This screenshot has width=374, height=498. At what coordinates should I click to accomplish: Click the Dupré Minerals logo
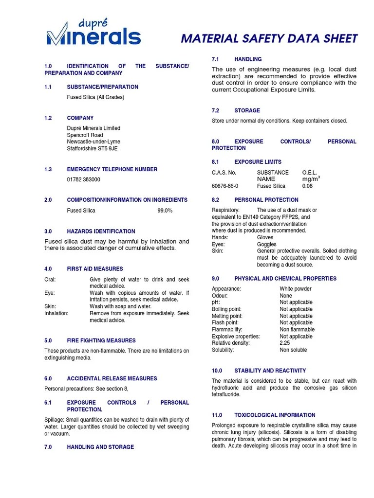93,33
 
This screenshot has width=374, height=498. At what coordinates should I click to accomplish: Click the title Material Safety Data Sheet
269,39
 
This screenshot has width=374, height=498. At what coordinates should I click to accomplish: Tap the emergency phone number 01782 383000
84,179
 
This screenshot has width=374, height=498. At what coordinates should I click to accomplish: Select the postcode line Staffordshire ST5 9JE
92,149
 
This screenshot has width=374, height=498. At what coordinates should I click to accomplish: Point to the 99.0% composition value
165,211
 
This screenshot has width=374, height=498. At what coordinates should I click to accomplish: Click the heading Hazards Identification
101,231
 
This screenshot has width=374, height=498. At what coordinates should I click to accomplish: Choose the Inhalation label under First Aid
56,314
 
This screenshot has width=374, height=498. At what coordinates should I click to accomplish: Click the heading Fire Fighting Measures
101,340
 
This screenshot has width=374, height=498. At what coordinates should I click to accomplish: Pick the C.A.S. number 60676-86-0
225,186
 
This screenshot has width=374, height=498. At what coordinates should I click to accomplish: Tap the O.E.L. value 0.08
308,186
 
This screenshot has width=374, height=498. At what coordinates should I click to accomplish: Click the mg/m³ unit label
311,179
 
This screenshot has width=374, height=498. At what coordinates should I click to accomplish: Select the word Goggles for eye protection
266,244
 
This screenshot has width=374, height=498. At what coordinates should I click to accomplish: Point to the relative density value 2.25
285,343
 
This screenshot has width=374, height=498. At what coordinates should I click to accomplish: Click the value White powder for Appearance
295,289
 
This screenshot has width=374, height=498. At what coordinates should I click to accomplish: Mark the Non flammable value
297,329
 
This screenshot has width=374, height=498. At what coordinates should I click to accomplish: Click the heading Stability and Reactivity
270,371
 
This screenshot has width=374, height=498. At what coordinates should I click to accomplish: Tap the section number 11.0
217,415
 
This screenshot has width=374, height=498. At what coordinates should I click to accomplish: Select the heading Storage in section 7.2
247,110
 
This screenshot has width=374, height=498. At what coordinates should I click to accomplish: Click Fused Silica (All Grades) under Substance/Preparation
95,97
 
